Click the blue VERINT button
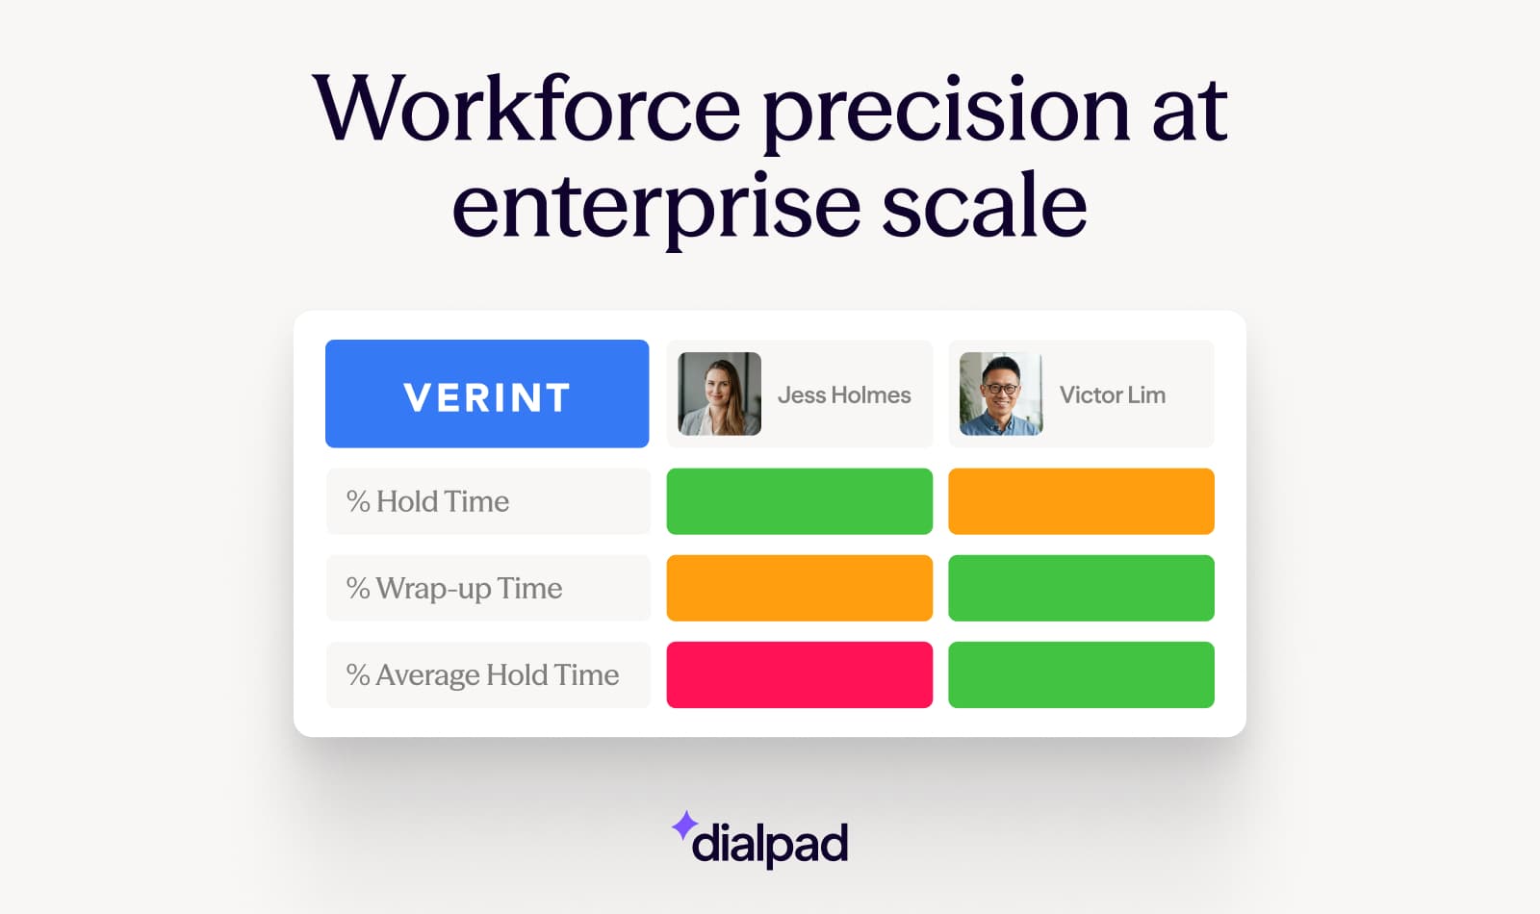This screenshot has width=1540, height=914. click(487, 394)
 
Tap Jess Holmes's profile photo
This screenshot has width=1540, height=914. click(719, 394)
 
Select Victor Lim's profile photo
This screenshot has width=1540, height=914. click(1000, 394)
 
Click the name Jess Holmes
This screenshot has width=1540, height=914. click(844, 395)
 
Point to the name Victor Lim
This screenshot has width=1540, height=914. click(1112, 395)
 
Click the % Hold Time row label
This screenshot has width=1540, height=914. click(428, 501)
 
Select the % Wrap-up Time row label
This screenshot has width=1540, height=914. click(454, 588)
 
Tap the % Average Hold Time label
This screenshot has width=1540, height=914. click(482, 674)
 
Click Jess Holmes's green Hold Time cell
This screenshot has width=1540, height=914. click(799, 501)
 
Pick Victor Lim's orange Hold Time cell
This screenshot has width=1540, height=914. click(1081, 501)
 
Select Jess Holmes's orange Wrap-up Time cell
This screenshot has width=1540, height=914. click(799, 588)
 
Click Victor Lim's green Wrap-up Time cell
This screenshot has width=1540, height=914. click(1081, 588)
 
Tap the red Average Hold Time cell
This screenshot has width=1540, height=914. click(799, 674)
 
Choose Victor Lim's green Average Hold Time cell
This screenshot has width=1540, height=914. click(1081, 674)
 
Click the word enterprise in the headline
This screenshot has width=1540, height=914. click(655, 207)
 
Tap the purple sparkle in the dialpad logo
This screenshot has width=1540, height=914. click(684, 825)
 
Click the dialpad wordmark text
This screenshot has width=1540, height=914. click(770, 844)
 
